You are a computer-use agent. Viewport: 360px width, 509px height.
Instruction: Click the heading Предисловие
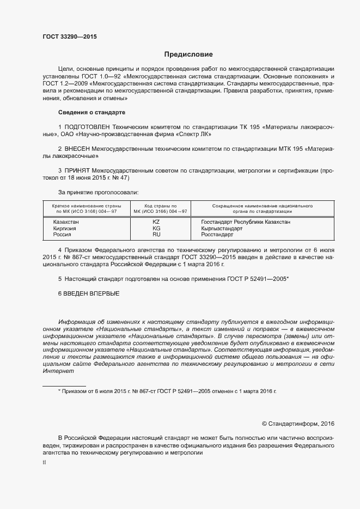coord(188,54)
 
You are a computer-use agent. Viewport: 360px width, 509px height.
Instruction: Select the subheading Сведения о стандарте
coord(91,112)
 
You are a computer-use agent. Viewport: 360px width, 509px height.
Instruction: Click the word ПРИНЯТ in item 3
coord(78,170)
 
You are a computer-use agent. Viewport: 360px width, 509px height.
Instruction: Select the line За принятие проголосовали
coord(98,192)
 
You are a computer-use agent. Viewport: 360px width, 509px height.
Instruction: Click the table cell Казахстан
coord(66,222)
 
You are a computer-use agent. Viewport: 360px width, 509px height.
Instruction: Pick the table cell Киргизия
coord(64,228)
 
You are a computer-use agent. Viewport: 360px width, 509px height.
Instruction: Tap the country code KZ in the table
coord(156,222)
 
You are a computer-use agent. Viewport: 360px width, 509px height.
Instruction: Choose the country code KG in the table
coord(156,228)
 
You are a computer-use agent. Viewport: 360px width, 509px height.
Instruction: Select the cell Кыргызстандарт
coord(222,228)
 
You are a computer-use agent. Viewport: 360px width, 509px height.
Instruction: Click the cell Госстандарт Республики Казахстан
coord(246,222)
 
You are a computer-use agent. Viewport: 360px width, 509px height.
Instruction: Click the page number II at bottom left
coord(44,462)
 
